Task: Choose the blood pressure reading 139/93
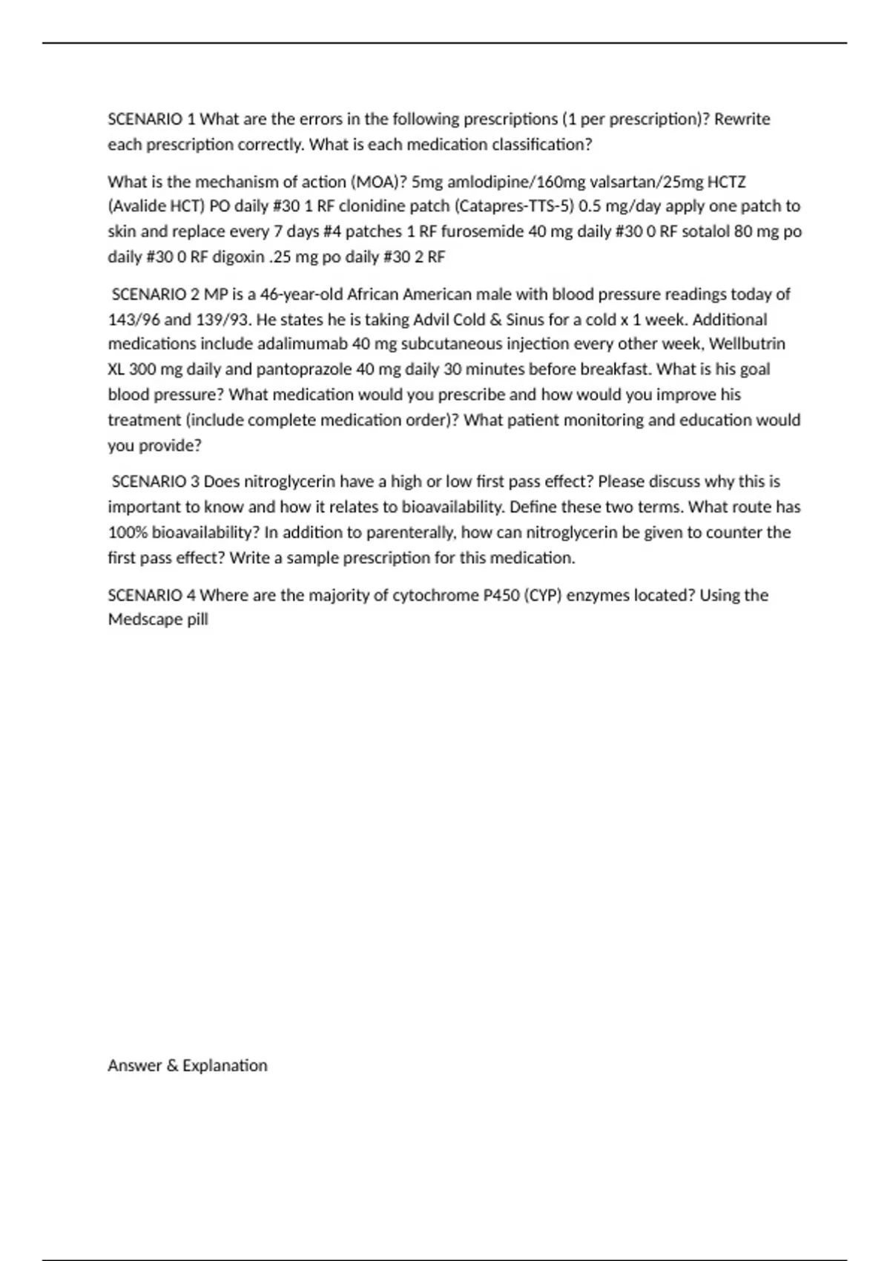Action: coord(222,320)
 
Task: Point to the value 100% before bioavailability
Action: coord(128,533)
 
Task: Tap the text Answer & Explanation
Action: coord(188,1066)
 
